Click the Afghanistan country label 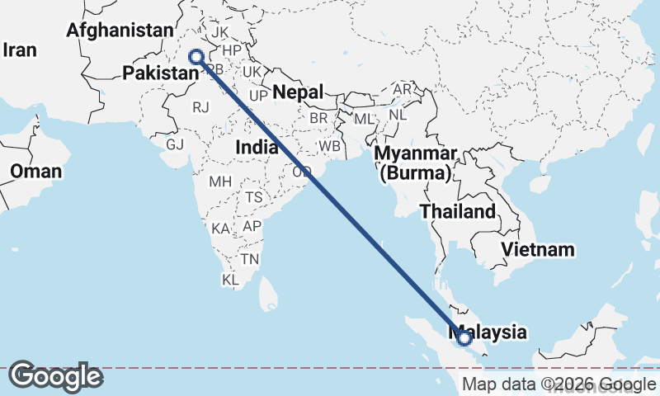coord(120,31)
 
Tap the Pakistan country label coord(161,73)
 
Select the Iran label coord(20,50)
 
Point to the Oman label coord(35,172)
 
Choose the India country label coord(256,147)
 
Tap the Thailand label coord(458,211)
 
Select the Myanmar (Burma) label coord(414,164)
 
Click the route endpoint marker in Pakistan coord(196,57)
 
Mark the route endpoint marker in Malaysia coord(464,337)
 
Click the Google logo coord(55,376)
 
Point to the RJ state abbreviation coord(201,106)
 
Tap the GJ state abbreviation coord(175,144)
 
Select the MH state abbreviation coord(220,181)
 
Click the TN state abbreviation coord(250,259)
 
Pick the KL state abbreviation coord(230,280)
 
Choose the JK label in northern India coord(220,32)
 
